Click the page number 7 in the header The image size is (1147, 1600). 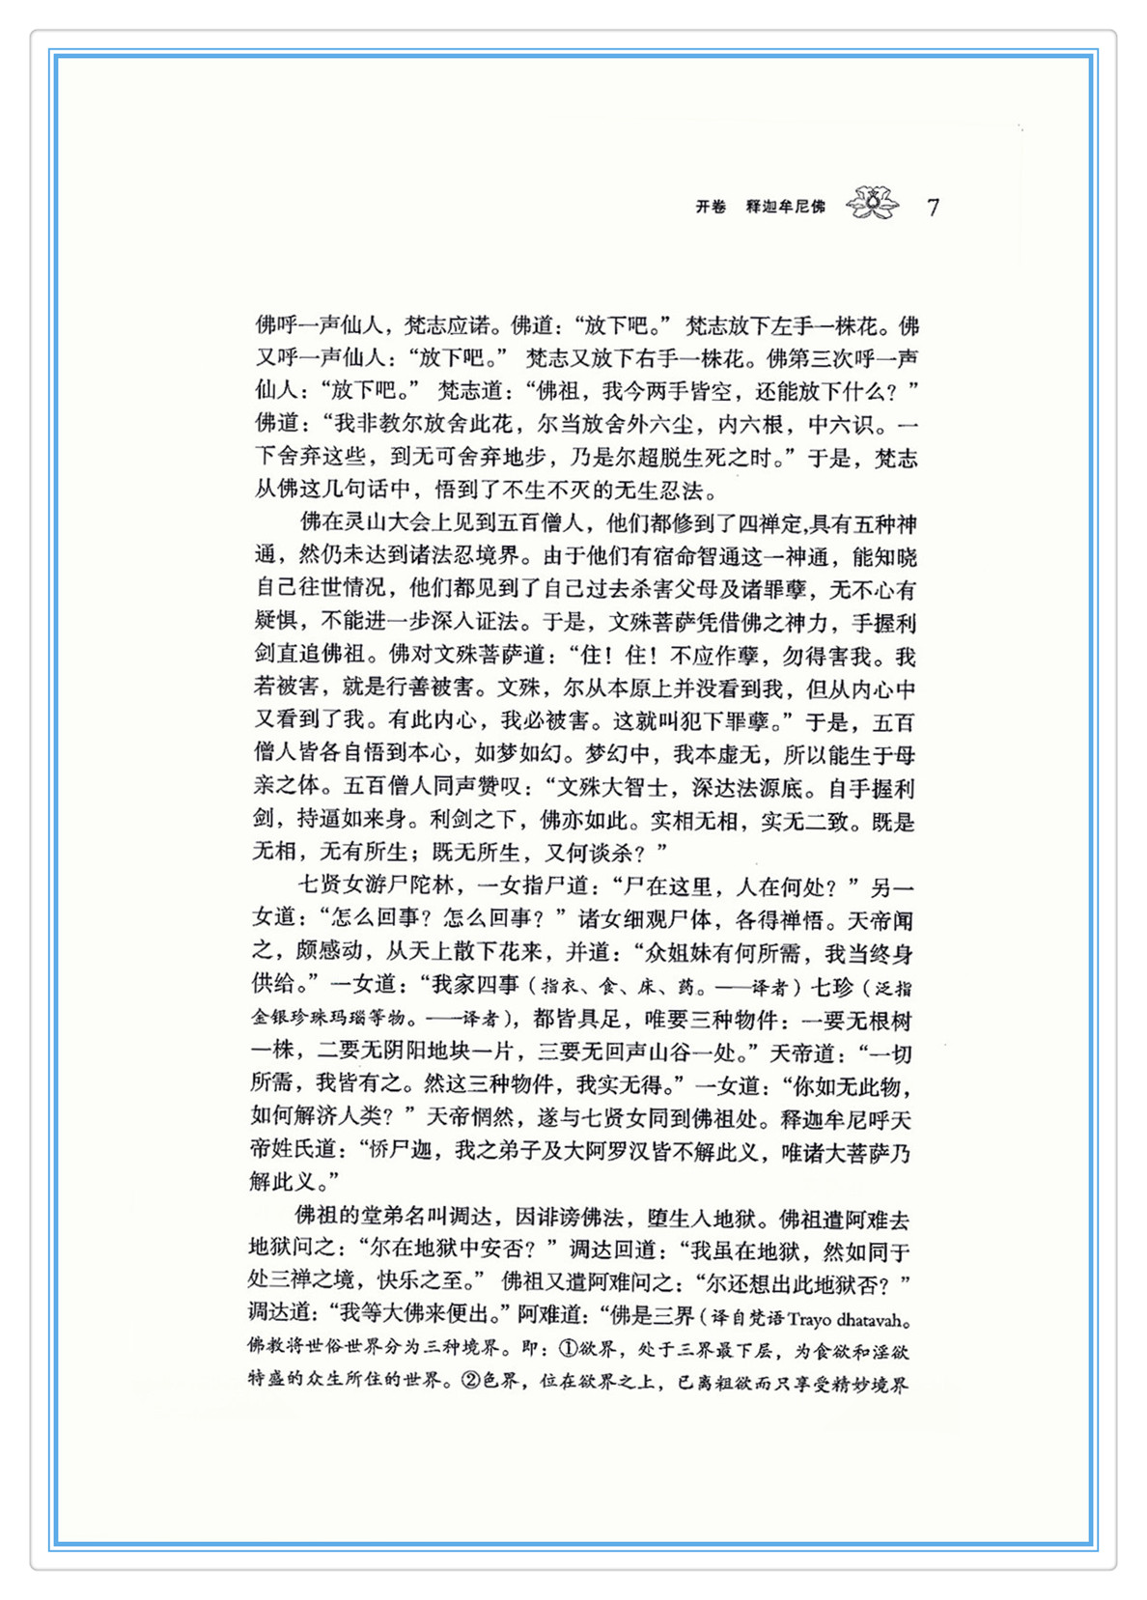[933, 208]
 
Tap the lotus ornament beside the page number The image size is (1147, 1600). [872, 204]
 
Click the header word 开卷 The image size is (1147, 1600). [711, 207]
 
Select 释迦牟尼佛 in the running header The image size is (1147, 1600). [786, 207]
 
